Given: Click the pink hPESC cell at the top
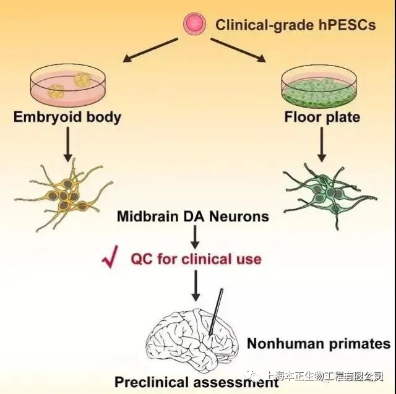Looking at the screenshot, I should (x=194, y=24).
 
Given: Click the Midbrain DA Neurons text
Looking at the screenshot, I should (x=194, y=216).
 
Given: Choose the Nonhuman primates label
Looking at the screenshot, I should (x=319, y=344).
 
